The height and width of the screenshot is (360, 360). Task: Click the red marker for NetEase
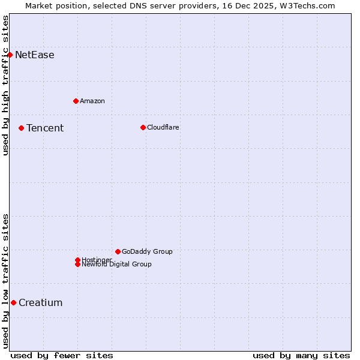pyautogui.click(x=10, y=55)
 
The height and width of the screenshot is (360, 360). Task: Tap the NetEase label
pyautogui.click(x=34, y=55)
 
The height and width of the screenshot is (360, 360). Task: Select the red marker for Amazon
pyautogui.click(x=76, y=101)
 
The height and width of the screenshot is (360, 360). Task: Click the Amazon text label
pyautogui.click(x=92, y=101)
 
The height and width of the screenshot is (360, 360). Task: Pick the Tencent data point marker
pyautogui.click(x=21, y=128)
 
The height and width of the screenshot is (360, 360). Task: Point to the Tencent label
pyautogui.click(x=44, y=128)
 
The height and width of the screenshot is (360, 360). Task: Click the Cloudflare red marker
pyautogui.click(x=143, y=127)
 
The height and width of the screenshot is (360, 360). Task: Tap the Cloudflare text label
pyautogui.click(x=163, y=127)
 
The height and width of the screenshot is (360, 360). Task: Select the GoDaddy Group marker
pyautogui.click(x=118, y=251)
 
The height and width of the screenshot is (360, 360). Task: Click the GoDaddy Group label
pyautogui.click(x=147, y=251)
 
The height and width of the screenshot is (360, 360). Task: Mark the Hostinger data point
pyautogui.click(x=77, y=260)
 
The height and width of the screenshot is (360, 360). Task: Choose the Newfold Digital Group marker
pyautogui.click(x=77, y=264)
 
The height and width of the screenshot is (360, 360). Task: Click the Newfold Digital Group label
pyautogui.click(x=116, y=264)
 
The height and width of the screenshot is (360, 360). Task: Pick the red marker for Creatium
pyautogui.click(x=13, y=302)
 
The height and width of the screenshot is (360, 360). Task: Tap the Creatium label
pyautogui.click(x=40, y=302)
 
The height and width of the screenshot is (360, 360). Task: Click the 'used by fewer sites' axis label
pyautogui.click(x=62, y=355)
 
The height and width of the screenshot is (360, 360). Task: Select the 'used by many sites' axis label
pyautogui.click(x=301, y=355)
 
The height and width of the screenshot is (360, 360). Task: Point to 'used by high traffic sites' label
pyautogui.click(x=5, y=85)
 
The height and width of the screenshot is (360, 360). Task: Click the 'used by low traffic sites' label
pyautogui.click(x=5, y=281)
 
